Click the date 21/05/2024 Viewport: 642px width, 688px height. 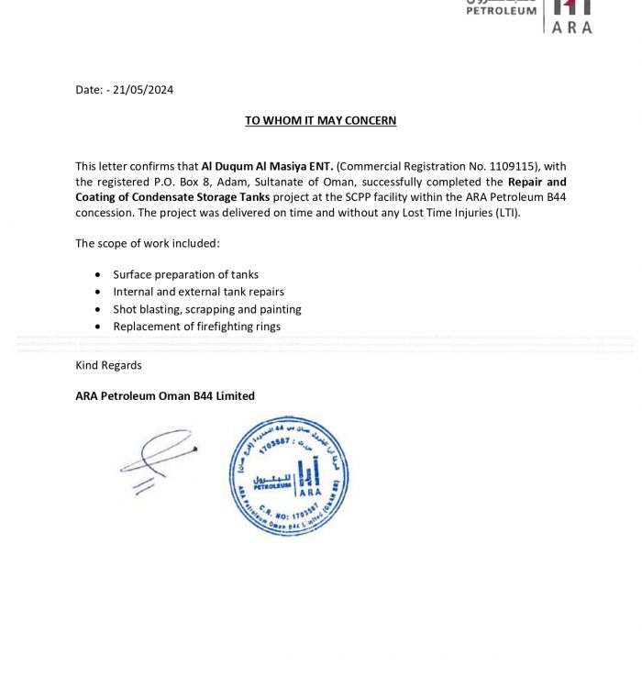coord(143,90)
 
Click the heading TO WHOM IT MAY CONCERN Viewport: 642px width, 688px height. coord(320,120)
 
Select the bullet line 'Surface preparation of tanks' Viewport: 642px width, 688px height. coord(185,274)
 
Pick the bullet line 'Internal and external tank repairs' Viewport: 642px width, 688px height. coord(198,292)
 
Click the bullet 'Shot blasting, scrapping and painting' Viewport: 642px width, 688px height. coord(207,309)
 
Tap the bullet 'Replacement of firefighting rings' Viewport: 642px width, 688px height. coord(196,327)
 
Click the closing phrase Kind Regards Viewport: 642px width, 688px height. coord(108,365)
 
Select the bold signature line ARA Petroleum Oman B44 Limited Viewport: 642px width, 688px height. coord(165,396)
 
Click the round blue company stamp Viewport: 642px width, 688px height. coord(288,475)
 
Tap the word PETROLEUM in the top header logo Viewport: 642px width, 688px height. coord(501,11)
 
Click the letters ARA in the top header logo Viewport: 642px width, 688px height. coord(572,27)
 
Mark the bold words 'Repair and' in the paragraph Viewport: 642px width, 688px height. coord(537,182)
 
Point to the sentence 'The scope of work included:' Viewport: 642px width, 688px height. coord(148,243)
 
